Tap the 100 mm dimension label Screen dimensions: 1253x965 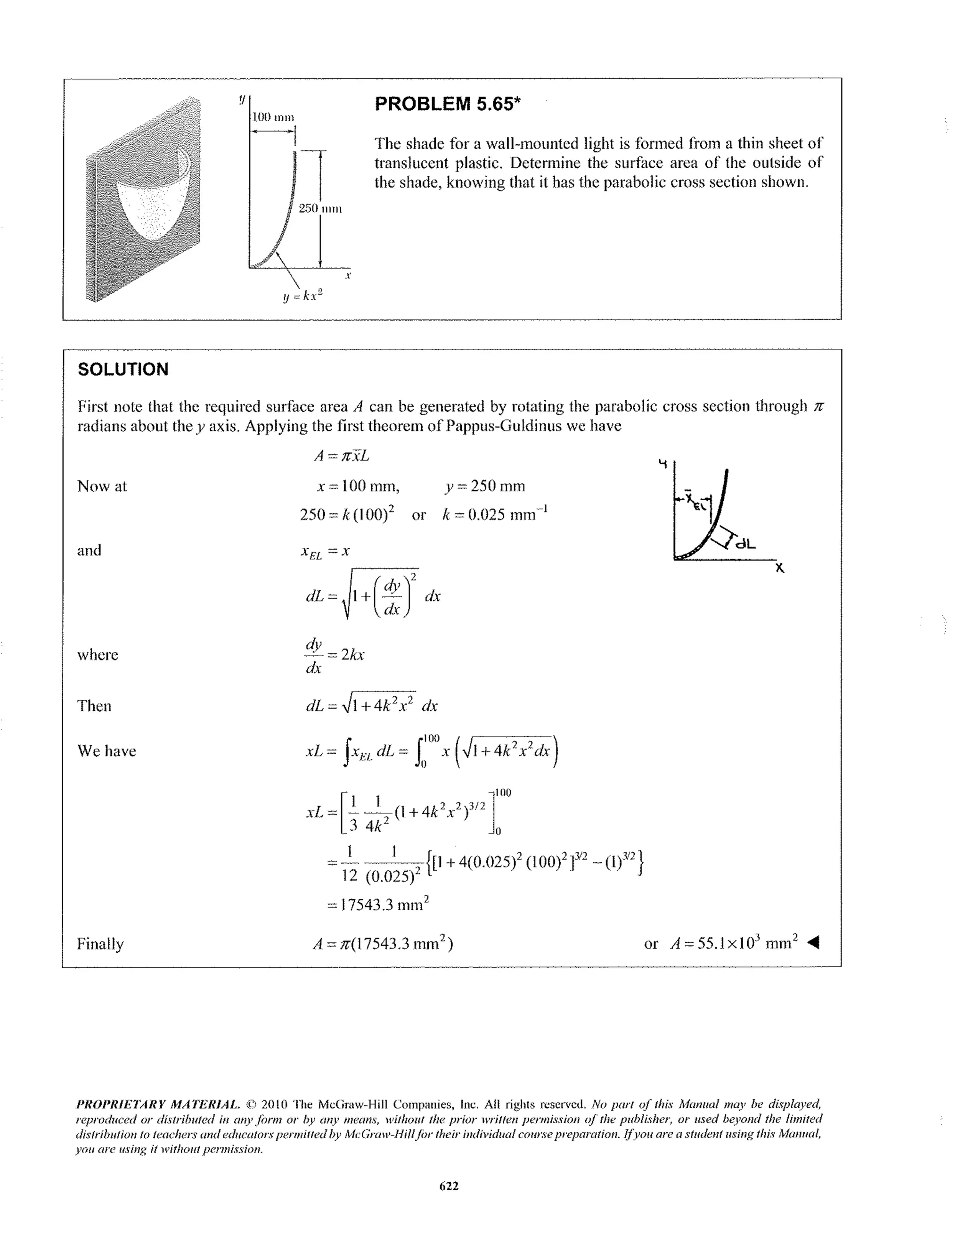[x=273, y=117]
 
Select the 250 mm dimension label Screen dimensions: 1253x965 [x=320, y=208]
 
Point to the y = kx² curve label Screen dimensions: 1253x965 [x=303, y=296]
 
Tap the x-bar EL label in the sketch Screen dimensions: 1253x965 [x=693, y=500]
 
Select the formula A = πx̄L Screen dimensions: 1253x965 [x=342, y=456]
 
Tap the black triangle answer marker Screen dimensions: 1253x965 [x=813, y=943]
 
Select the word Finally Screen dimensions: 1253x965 [x=100, y=944]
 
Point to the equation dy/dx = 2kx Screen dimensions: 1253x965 [x=335, y=655]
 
